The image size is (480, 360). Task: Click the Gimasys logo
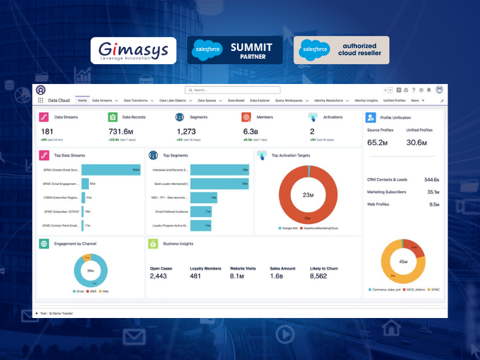(133, 50)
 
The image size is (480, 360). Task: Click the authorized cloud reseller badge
(341, 50)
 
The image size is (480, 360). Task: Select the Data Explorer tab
(260, 101)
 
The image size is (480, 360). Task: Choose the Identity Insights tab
(366, 101)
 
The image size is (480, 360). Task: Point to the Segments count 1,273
(187, 131)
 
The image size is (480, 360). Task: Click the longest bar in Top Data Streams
(111, 170)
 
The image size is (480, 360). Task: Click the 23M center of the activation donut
(308, 195)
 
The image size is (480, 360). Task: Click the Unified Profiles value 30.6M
(416, 142)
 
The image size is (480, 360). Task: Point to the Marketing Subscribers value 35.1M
(433, 192)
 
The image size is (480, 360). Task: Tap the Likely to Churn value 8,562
(318, 276)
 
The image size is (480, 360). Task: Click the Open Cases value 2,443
(158, 276)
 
